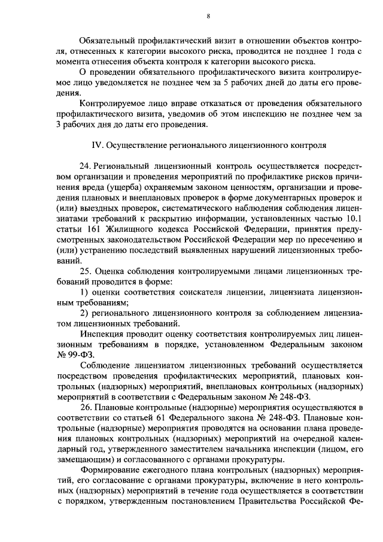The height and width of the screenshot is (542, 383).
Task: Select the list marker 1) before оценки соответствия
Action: coord(84,293)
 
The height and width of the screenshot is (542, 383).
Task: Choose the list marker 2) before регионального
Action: coord(84,314)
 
